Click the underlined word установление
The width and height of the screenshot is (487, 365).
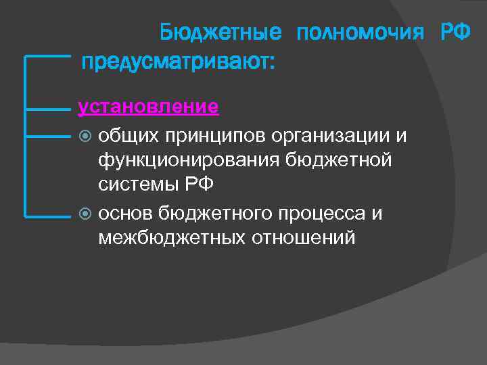pos(148,106)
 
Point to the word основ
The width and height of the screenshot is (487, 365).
pos(125,214)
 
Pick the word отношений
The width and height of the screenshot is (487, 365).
pos(303,239)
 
